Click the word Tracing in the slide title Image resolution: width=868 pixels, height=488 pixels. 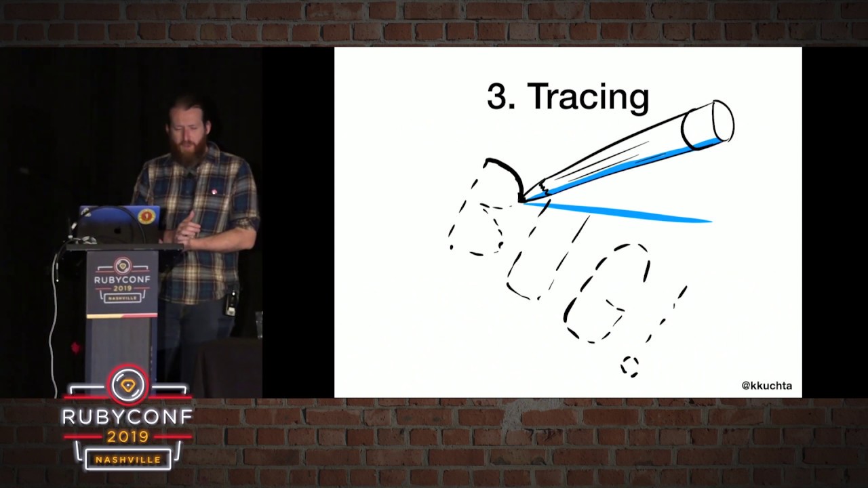588,97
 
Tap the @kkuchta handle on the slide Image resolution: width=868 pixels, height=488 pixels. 766,386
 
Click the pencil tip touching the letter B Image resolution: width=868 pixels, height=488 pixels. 523,199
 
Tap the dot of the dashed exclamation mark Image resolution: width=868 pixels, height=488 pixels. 629,366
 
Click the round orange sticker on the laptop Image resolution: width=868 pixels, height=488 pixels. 146,216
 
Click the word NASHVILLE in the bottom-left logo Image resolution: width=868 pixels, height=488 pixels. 127,460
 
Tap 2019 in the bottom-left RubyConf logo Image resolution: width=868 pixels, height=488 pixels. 127,437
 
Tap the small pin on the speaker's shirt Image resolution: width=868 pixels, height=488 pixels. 214,192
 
